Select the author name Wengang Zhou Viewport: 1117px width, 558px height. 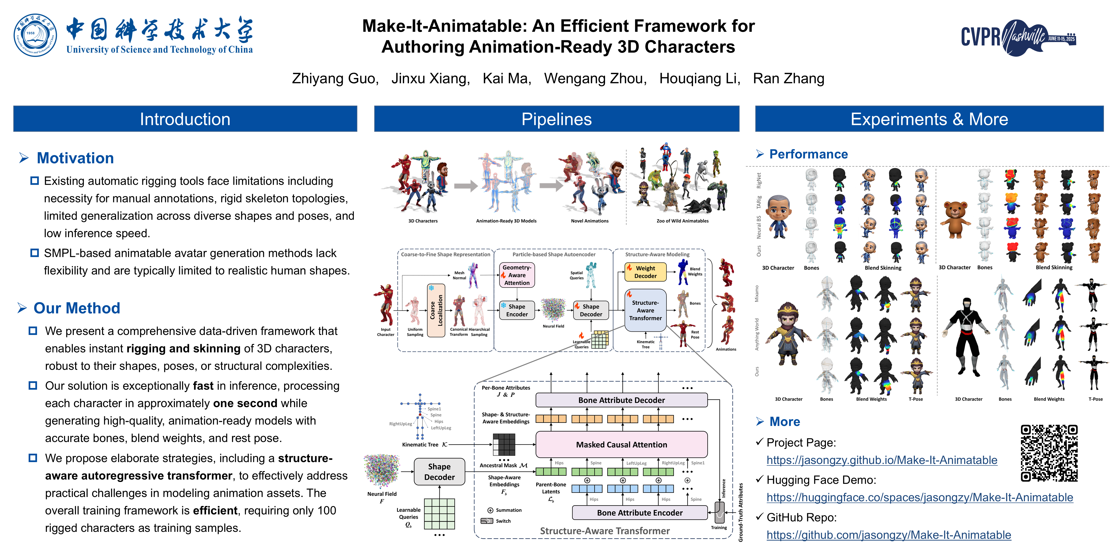(595, 78)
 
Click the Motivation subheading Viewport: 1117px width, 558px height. (75, 158)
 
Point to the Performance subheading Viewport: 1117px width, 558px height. (808, 154)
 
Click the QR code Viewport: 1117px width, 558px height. (1049, 453)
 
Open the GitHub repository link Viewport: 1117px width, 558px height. (888, 535)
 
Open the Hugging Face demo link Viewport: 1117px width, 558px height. (919, 497)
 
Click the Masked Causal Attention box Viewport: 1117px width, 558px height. (621, 444)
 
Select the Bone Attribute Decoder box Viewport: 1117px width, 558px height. (621, 400)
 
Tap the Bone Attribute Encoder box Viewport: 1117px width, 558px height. (640, 512)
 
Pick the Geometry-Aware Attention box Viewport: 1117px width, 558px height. (517, 275)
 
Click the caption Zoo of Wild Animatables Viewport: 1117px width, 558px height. (683, 221)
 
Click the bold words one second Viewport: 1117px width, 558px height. (245, 403)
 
